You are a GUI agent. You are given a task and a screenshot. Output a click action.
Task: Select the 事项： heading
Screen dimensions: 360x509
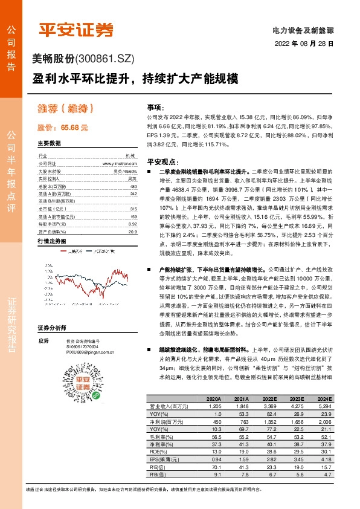pyautogui.click(x=156, y=106)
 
